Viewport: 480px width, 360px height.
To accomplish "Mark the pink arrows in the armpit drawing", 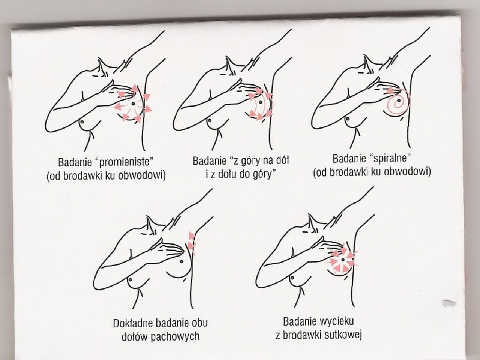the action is pyautogui.click(x=192, y=243).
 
